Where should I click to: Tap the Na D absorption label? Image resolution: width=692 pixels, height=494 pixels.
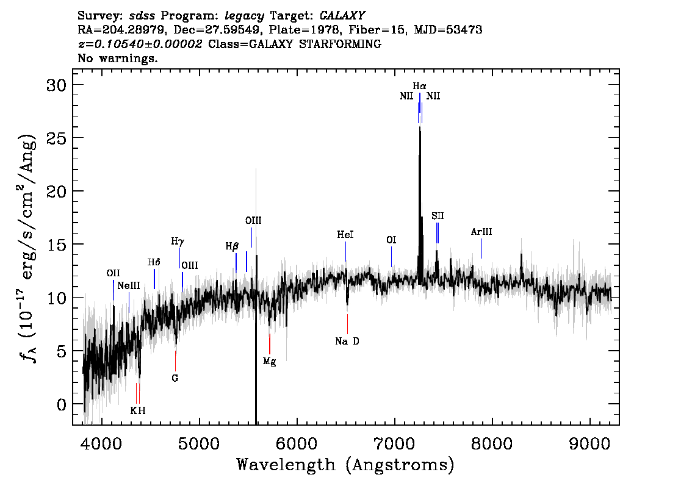click(347, 342)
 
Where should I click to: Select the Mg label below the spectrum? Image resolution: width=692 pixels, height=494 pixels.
click(269, 362)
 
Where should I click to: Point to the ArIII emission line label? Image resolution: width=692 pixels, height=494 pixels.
click(481, 232)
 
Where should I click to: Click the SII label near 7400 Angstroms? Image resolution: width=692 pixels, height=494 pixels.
click(438, 216)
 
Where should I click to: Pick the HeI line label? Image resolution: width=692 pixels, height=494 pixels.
click(345, 235)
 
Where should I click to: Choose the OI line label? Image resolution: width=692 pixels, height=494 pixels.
click(391, 240)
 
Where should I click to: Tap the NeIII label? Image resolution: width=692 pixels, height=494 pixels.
click(128, 286)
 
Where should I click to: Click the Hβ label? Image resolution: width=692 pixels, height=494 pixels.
click(232, 246)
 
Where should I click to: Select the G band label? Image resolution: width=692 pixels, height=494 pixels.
click(175, 379)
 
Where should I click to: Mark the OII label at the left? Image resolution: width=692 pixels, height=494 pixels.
click(113, 273)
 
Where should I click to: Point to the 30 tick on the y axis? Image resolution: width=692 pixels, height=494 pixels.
click(56, 85)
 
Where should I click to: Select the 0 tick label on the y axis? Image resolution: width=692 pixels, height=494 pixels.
click(62, 404)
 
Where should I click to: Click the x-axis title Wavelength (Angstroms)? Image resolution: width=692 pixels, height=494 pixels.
click(345, 465)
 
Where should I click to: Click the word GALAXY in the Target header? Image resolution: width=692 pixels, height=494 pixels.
click(342, 16)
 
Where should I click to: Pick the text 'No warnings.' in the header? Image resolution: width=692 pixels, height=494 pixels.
click(117, 58)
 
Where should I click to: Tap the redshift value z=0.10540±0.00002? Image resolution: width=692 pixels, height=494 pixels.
click(140, 44)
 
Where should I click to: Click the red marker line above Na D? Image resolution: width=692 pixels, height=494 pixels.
click(347, 324)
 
